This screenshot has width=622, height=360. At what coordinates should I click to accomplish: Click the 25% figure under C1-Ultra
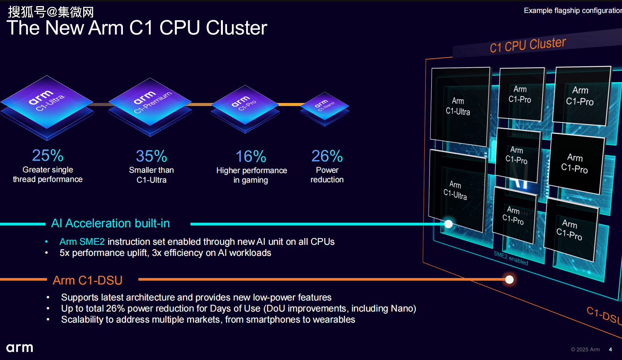(48, 156)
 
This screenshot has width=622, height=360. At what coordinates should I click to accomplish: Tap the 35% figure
(151, 156)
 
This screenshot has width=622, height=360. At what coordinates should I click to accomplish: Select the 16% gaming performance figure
(251, 156)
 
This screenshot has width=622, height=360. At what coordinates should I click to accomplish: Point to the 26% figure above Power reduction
(327, 156)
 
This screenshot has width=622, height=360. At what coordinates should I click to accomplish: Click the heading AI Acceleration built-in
(110, 223)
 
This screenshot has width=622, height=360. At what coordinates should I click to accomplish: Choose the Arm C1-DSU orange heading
(87, 280)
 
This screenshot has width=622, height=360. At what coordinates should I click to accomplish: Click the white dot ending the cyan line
(448, 224)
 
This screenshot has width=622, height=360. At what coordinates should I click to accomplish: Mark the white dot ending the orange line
(509, 280)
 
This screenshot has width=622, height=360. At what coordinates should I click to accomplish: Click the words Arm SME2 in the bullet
(82, 242)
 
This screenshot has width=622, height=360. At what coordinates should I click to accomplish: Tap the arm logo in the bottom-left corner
(20, 348)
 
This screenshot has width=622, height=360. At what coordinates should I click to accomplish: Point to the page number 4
(610, 349)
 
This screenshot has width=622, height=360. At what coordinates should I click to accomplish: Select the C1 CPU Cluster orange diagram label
(527, 45)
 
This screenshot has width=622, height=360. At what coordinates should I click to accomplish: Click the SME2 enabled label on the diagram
(511, 258)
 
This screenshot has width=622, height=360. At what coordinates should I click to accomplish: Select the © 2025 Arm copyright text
(585, 349)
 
